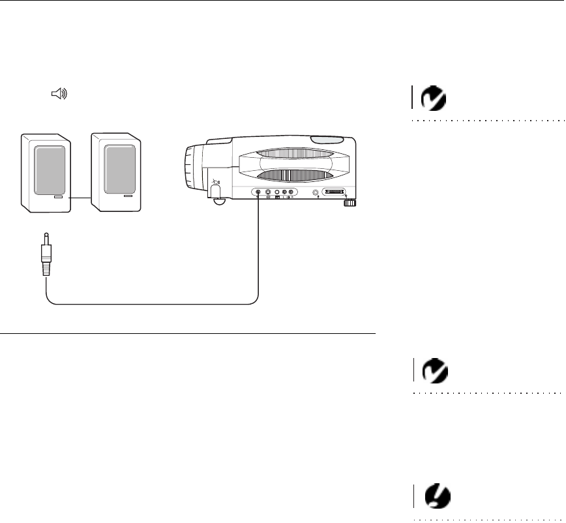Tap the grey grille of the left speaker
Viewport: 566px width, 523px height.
tap(48, 169)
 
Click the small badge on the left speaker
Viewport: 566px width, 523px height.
tap(58, 196)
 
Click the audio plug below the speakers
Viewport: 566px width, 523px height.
tap(46, 257)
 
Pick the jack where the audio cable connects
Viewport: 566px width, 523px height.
tap(258, 193)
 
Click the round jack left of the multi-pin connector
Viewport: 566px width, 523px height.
tap(316, 193)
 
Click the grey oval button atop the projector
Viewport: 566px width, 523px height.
tap(327, 140)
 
